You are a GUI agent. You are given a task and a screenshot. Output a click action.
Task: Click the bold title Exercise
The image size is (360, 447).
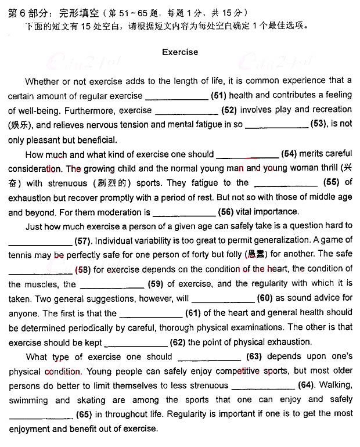180,52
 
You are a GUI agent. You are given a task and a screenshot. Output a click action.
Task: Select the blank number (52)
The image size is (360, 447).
229,110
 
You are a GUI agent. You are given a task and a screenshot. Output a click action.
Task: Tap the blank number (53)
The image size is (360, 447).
319,124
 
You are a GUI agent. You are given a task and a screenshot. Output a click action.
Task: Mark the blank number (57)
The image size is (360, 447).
84,240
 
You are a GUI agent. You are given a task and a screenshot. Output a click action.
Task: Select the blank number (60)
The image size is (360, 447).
265,298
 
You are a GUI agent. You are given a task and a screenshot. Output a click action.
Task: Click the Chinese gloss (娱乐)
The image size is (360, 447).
20,125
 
